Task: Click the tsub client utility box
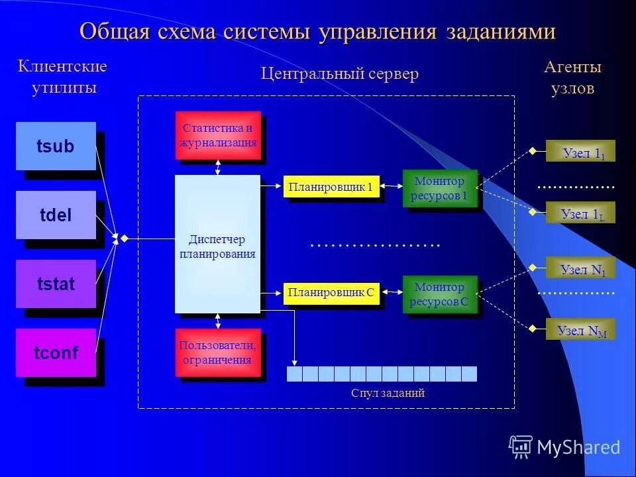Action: pos(56,146)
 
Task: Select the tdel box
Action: pos(56,215)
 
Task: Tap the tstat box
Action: pos(56,284)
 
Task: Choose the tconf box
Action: pos(56,353)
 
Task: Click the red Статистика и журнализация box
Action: pos(218,135)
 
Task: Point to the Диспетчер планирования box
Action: pos(217,244)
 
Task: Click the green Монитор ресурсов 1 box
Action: pos(439,188)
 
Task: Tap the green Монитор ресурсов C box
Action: pos(439,294)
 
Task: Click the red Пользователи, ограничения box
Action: pos(218,352)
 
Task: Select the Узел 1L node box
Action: pos(581,213)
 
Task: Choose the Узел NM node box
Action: pos(581,329)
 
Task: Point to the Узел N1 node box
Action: pos(581,268)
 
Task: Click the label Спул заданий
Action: pos(388,393)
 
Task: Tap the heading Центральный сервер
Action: pos(340,74)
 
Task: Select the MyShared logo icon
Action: pos(521,447)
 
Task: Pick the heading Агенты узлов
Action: pos(572,78)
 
